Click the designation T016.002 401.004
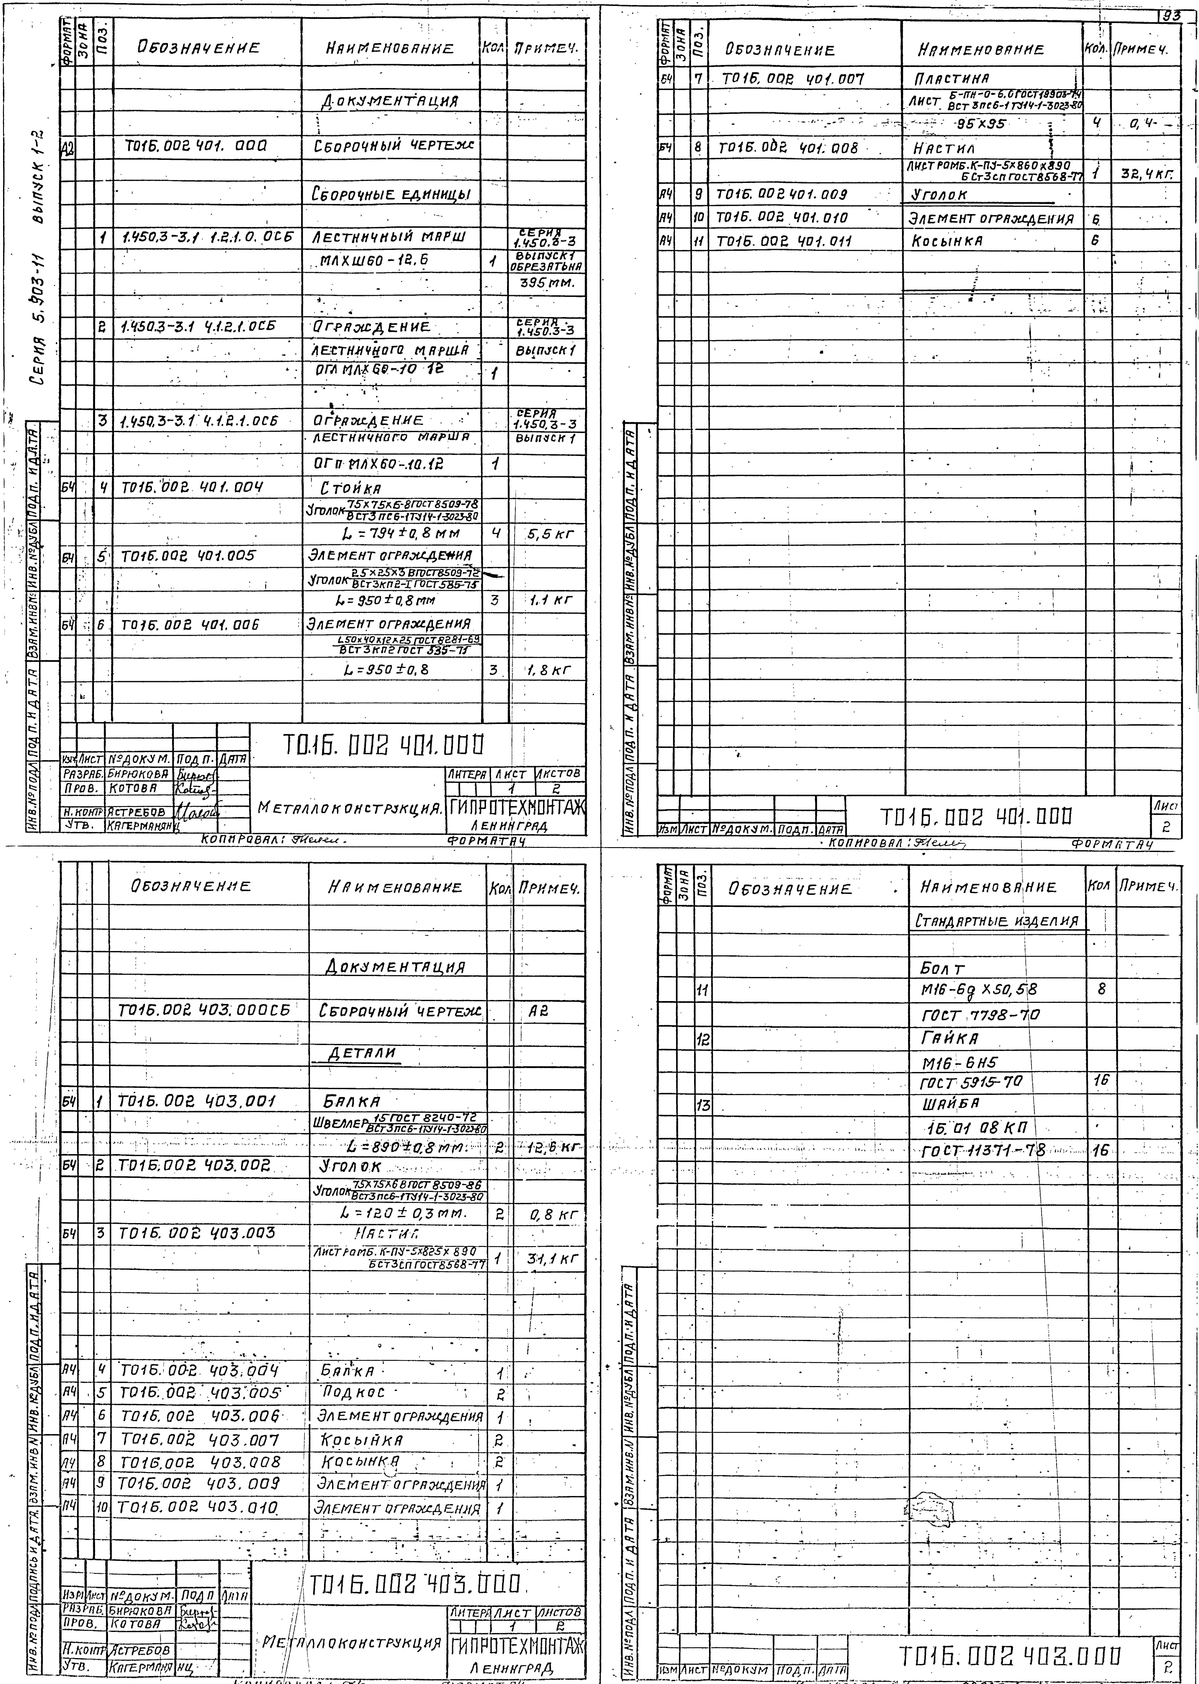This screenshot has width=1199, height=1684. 192,487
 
